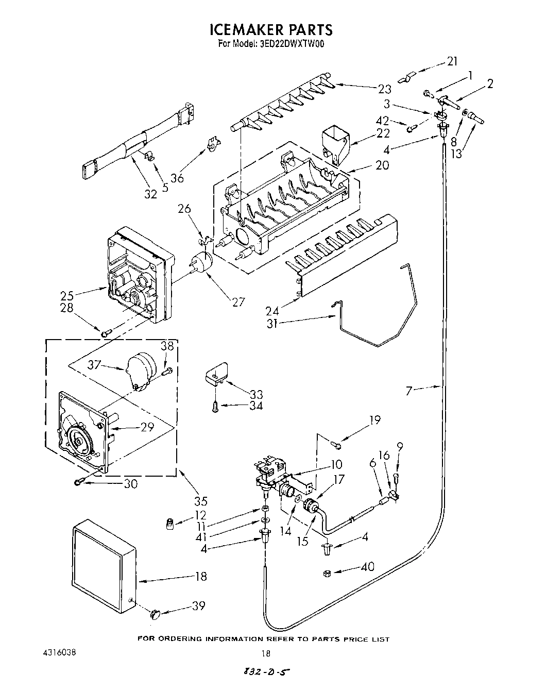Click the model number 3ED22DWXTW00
coord(293,44)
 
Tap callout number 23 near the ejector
coord(385,89)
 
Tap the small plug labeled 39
coord(156,613)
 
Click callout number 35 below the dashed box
coord(200,500)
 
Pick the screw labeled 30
coord(78,481)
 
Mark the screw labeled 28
coord(105,334)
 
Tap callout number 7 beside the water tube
coord(409,391)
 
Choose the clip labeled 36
coord(212,145)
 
